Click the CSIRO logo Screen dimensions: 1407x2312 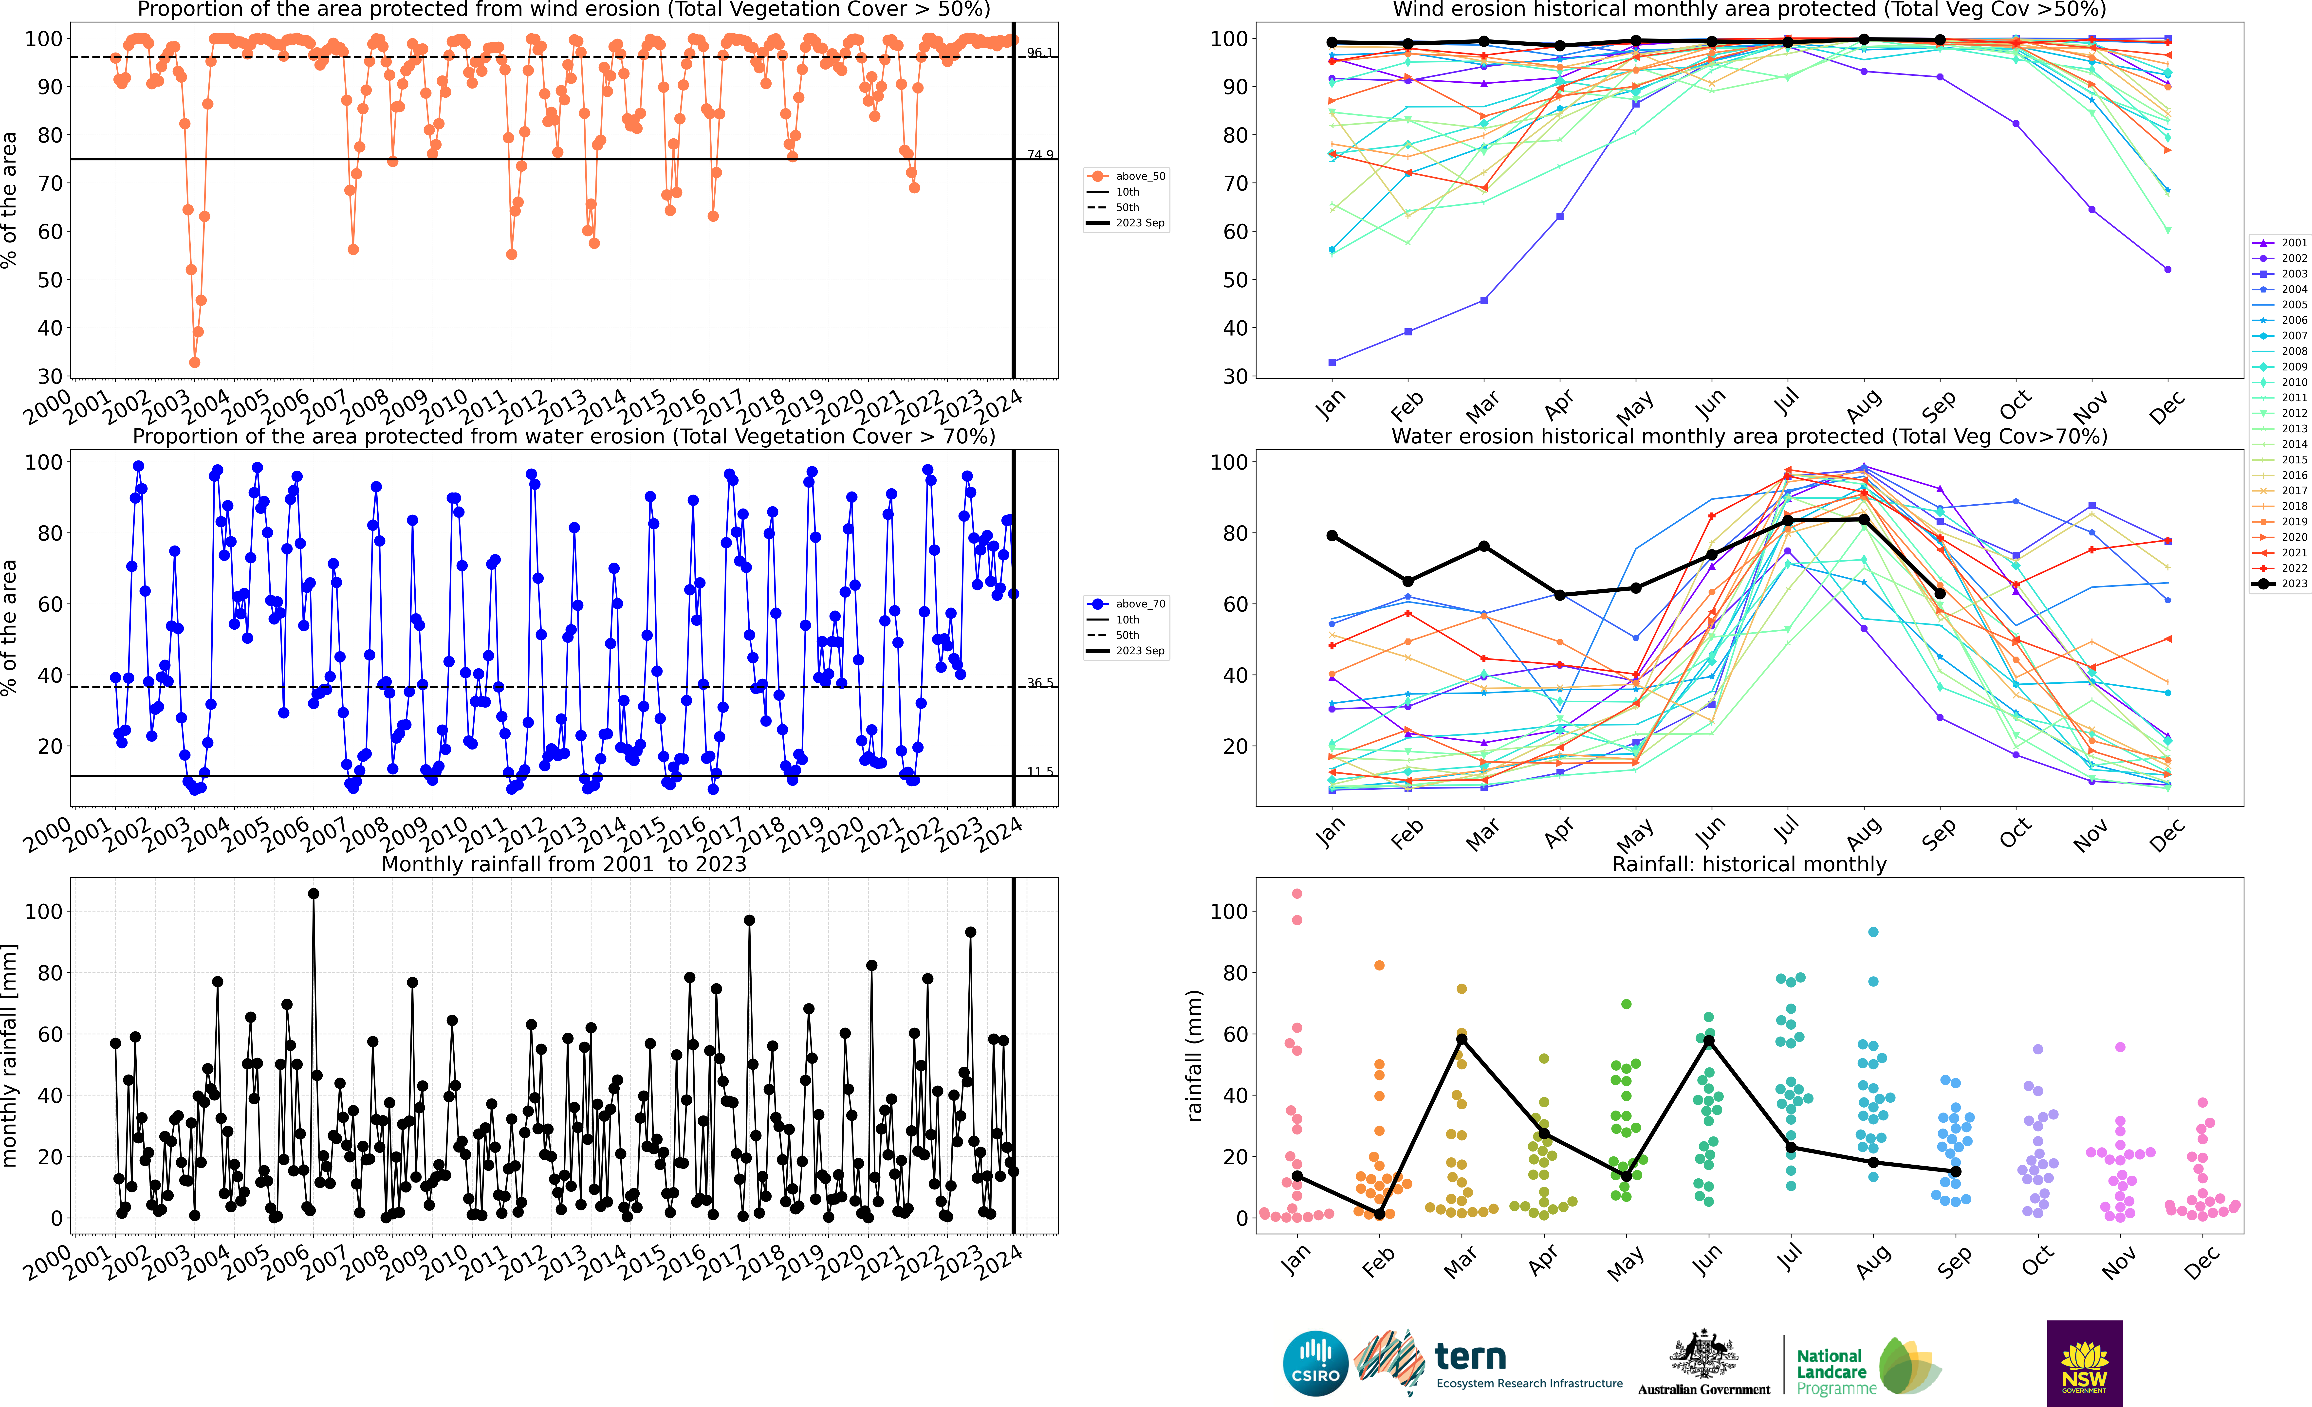coord(1315,1363)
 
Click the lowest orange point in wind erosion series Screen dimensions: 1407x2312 coord(194,362)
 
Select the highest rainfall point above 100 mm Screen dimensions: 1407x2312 coord(314,894)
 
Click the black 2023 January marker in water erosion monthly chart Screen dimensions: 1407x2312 coord(1332,536)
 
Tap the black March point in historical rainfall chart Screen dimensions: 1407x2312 coord(1461,1039)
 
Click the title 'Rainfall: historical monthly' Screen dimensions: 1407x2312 coord(1749,864)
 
